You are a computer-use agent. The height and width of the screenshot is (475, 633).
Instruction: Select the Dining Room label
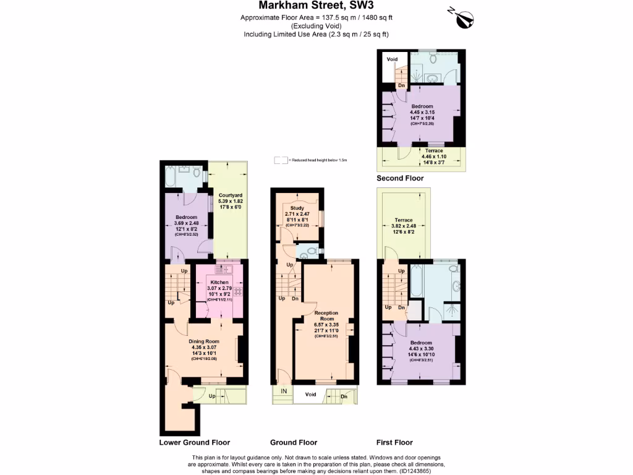pyautogui.click(x=204, y=341)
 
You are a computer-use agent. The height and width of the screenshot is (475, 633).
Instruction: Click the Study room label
pyautogui.click(x=297, y=208)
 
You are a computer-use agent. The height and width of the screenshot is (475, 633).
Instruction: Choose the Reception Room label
pyautogui.click(x=327, y=316)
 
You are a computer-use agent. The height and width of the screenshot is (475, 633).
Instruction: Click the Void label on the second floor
pyautogui.click(x=392, y=59)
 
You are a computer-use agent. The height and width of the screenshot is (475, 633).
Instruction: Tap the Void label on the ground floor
pyautogui.click(x=311, y=394)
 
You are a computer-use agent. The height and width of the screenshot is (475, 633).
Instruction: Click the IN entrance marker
pyautogui.click(x=284, y=392)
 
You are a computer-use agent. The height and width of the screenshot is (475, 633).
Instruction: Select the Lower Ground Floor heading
pyautogui.click(x=195, y=442)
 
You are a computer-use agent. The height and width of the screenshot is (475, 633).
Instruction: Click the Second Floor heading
pyautogui.click(x=400, y=178)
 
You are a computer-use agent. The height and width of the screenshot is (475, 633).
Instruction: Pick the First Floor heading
pyautogui.click(x=394, y=442)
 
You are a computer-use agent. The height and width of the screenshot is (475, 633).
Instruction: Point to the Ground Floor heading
pyautogui.click(x=294, y=442)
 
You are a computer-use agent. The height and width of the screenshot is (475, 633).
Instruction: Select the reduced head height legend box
pyautogui.click(x=281, y=160)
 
